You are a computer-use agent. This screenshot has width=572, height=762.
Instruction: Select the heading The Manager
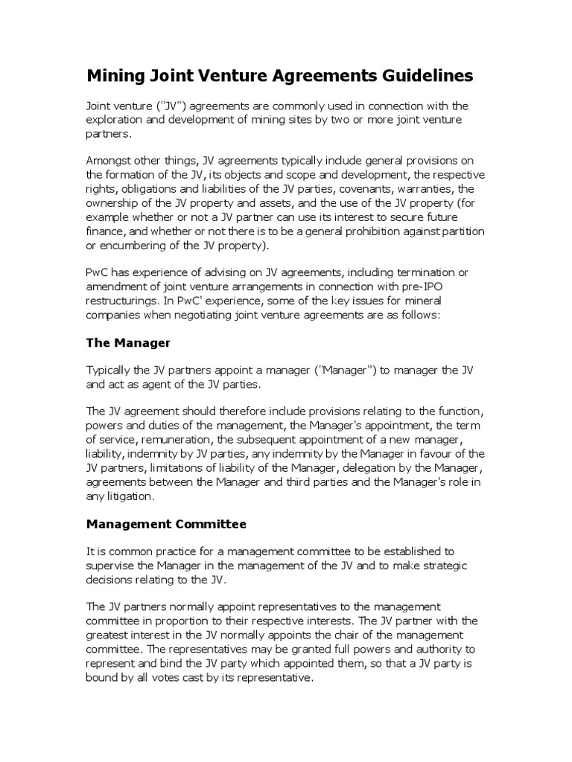128,343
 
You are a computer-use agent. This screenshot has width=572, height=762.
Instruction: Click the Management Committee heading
166,524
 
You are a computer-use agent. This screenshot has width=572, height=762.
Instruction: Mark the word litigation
134,496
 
